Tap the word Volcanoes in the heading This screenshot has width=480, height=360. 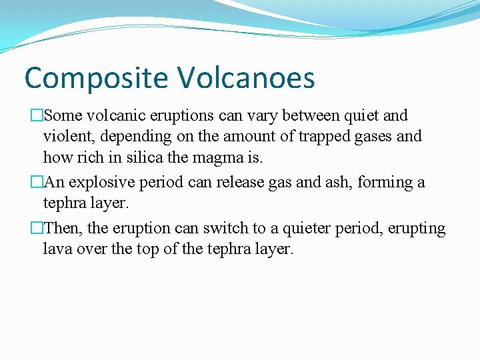click(245, 77)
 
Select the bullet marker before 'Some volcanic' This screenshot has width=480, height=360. click(36, 116)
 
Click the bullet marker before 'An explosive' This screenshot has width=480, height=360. click(36, 183)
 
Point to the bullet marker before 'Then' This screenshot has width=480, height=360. click(36, 229)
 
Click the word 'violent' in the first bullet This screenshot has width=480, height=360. click(67, 137)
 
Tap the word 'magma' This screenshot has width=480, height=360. click(232, 159)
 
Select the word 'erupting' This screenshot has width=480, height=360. click(417, 229)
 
